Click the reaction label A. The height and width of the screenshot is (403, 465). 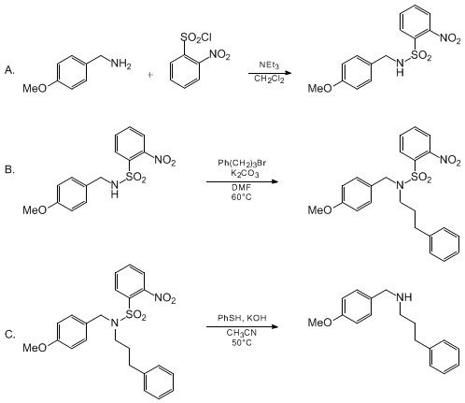coord(9,71)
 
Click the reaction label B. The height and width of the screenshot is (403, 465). coord(9,170)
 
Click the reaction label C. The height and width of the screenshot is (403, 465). coord(10,335)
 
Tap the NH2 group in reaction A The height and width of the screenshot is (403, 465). coord(121,65)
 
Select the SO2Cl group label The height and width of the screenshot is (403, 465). coord(196,37)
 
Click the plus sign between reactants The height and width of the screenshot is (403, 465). coord(150,75)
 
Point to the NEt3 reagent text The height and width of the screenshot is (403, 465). coord(269,65)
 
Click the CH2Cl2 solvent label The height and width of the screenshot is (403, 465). coord(269,79)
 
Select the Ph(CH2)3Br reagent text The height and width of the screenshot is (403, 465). coord(242,164)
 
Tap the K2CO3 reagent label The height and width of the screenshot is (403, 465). coord(245,173)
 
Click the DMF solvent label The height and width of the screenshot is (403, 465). coord(241,187)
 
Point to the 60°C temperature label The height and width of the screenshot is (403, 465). coord(241,197)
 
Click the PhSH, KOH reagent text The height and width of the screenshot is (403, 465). coord(242,318)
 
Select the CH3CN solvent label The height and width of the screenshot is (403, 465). coord(242,333)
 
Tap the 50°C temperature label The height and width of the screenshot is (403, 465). coord(242,343)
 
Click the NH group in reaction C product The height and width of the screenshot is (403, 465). coord(404,296)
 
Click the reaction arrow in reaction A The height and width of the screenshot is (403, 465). coord(270,74)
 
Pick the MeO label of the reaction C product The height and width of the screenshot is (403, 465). coord(320,323)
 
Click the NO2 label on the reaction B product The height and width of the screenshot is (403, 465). coord(450,160)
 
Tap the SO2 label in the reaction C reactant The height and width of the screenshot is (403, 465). coord(135,316)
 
